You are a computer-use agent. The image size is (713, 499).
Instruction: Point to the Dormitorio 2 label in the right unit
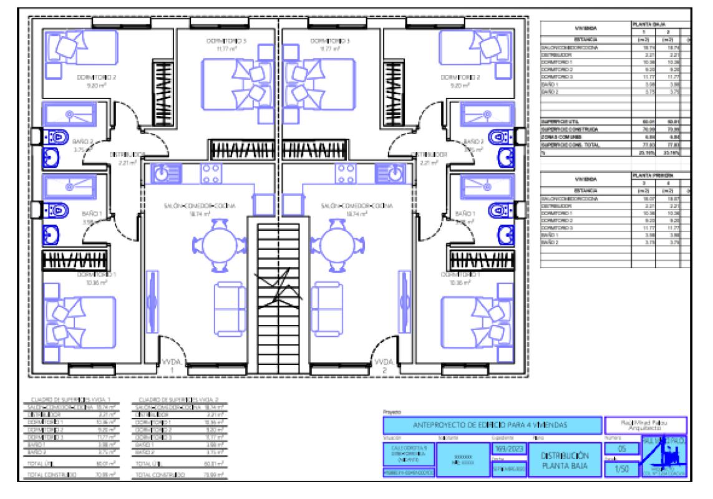(460, 78)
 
